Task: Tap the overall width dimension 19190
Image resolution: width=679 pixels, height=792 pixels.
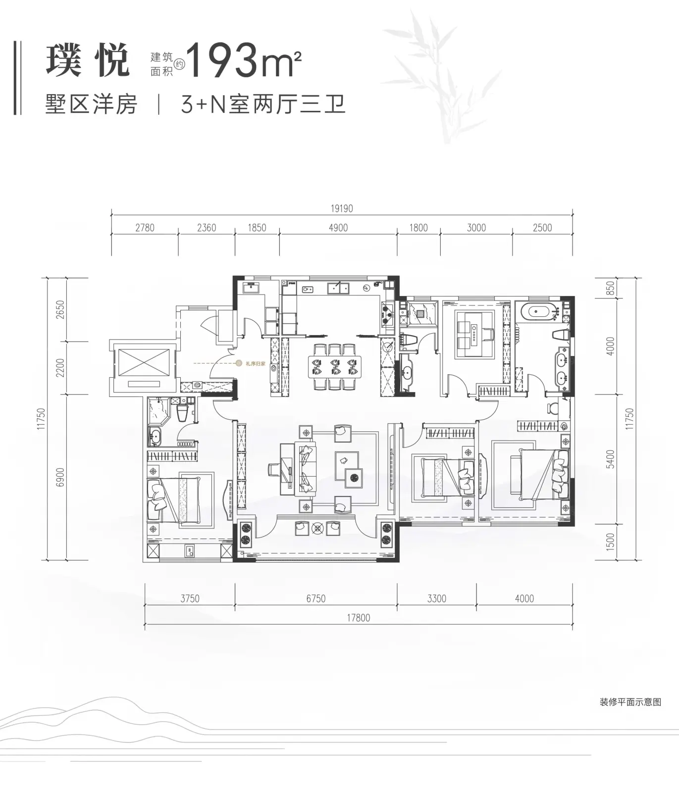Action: coord(342,208)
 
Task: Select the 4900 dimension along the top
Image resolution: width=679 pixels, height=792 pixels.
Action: coord(338,228)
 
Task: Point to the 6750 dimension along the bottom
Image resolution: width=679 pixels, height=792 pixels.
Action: coord(315,598)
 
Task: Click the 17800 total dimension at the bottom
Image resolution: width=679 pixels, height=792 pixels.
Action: coord(359,618)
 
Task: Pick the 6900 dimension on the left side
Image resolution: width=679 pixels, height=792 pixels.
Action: coord(60,478)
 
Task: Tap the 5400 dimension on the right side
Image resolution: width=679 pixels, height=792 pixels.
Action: coord(610,459)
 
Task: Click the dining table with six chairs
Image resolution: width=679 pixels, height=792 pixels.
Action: coord(334,367)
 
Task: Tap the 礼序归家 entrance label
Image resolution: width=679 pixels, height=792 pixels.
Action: coord(256,363)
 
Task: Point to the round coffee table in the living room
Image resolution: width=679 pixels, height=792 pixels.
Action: coord(354,478)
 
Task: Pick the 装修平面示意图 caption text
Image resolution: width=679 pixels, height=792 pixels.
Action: coord(630,702)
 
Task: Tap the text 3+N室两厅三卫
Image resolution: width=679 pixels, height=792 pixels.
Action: coord(263,104)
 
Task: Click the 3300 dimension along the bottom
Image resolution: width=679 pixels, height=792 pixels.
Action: coord(437,598)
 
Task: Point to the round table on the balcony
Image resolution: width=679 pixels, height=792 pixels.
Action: coord(317,528)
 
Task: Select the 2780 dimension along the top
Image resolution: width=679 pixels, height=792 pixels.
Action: coord(145,228)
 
